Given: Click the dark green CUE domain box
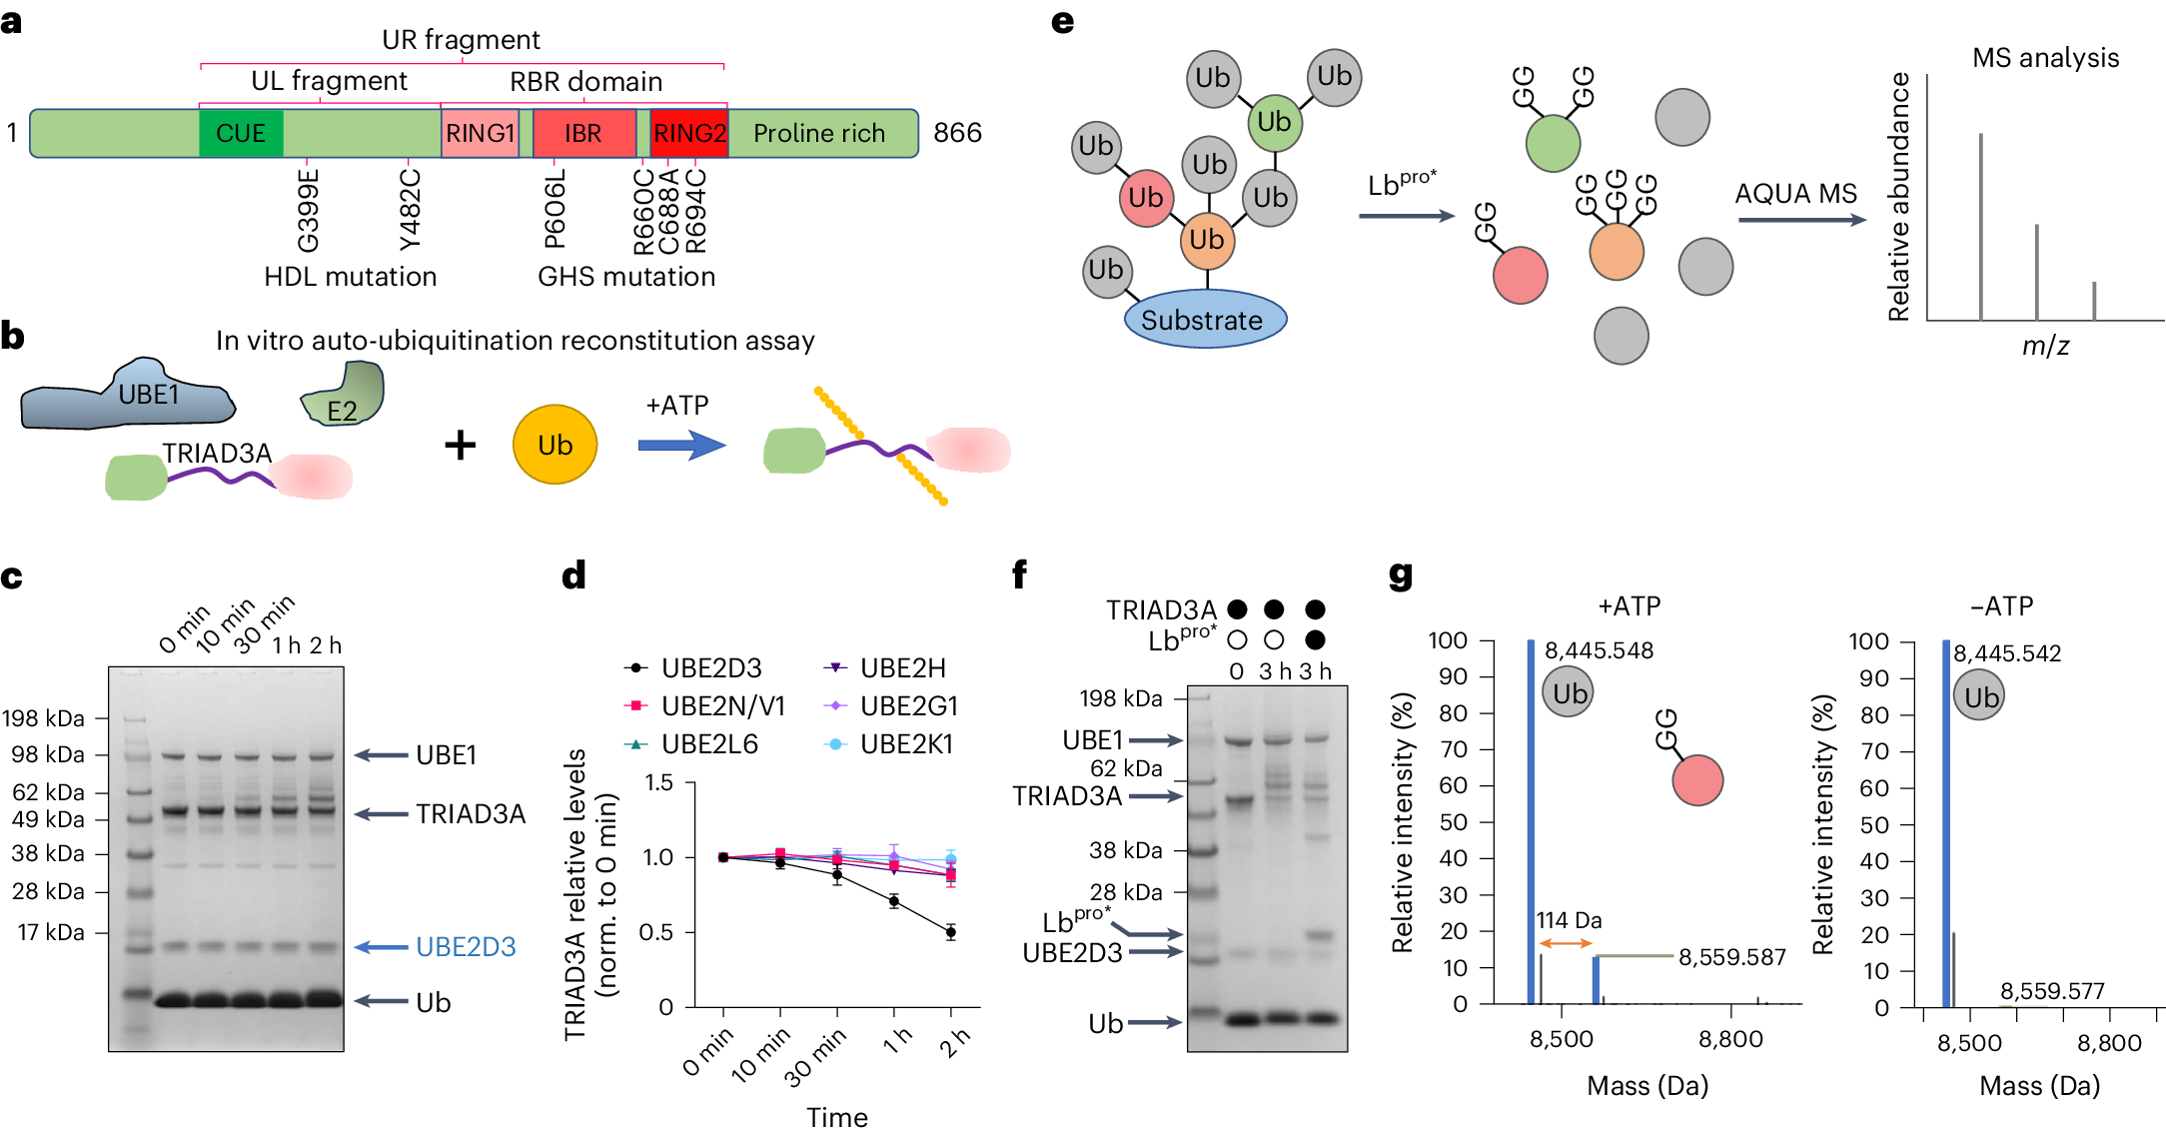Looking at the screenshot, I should click(241, 134).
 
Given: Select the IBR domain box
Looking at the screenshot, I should click(583, 134).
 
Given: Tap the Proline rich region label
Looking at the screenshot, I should click(819, 134).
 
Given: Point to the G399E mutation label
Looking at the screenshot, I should click(309, 211).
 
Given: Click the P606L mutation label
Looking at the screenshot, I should click(555, 208).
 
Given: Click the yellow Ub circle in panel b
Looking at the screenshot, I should click(554, 445).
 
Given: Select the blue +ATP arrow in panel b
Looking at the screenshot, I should click(681, 445).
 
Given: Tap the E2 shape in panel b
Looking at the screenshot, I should click(343, 398).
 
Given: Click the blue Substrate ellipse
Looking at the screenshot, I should click(1205, 320).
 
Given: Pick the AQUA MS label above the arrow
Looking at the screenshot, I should click(1795, 194).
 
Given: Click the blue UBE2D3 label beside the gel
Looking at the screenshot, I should click(466, 947).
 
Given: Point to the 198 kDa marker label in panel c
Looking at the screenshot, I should click(44, 718).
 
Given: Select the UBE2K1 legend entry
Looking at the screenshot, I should click(906, 744).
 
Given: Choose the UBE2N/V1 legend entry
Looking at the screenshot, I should click(722, 706).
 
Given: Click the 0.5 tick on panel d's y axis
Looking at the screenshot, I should click(656, 932).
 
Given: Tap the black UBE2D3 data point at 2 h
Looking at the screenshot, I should click(950, 932).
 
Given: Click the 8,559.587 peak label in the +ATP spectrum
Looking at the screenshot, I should click(1731, 957).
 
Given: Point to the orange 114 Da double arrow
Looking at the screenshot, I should click(1566, 943).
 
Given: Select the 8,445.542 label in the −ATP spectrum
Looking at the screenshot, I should click(2007, 653).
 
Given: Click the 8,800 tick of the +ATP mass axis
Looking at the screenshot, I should click(1730, 1039).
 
